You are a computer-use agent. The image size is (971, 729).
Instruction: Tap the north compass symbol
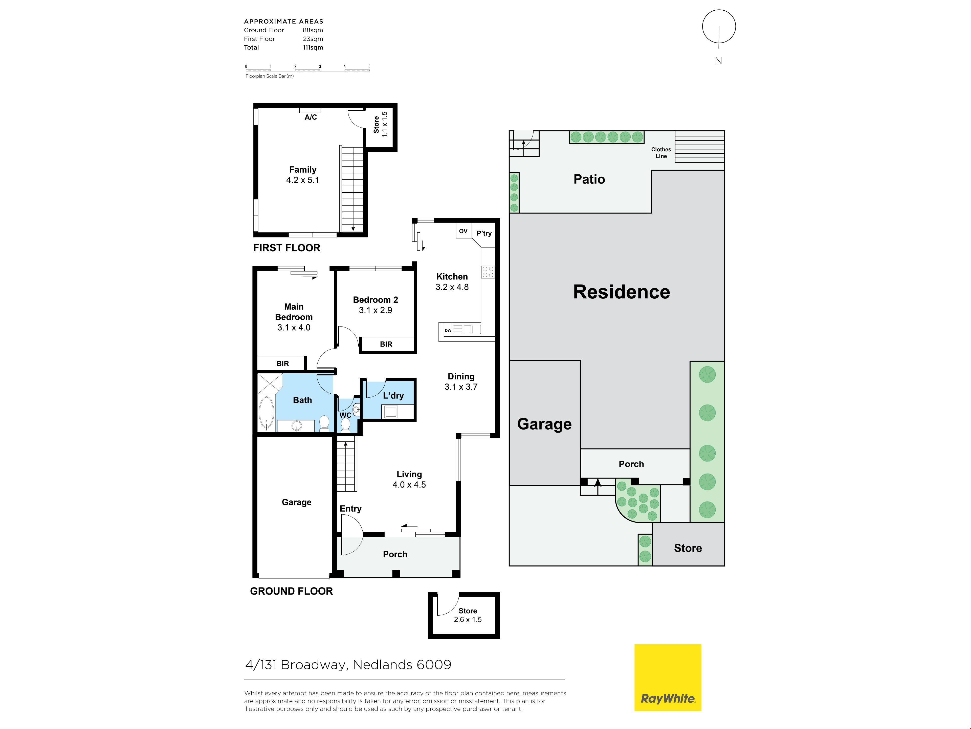point(719,27)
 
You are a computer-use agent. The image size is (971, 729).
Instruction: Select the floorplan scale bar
point(307,69)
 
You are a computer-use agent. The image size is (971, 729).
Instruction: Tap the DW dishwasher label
point(448,330)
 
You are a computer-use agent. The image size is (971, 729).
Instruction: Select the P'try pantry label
point(484,233)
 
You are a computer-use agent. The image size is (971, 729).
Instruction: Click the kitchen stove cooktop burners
point(488,272)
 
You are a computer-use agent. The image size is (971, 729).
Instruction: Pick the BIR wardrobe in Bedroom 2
point(387,344)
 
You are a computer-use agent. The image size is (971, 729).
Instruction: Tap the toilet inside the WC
point(345,424)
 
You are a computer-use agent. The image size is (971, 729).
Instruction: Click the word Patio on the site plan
point(589,179)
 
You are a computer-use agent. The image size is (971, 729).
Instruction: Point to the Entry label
point(350,509)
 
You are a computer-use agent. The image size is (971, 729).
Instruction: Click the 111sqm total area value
point(313,47)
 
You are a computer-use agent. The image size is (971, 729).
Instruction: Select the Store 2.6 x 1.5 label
point(468,615)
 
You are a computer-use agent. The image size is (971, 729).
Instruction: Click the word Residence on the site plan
point(622,292)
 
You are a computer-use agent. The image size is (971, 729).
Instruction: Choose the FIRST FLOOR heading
point(287,248)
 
